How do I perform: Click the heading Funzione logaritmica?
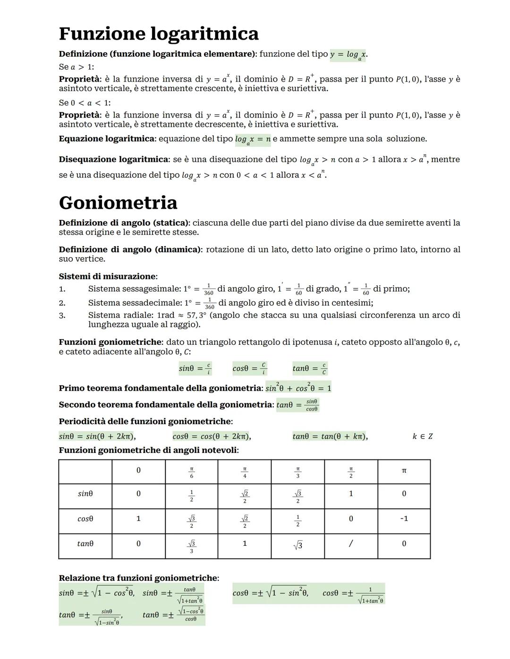click(x=159, y=34)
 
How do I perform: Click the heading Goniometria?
click(x=118, y=203)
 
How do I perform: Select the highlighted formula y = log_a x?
click(x=348, y=55)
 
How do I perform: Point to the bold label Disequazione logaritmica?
click(x=113, y=159)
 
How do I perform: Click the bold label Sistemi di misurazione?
click(x=107, y=276)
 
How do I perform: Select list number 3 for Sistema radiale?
click(x=62, y=315)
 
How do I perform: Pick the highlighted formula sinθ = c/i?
click(x=195, y=368)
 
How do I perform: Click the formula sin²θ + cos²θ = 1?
click(x=298, y=388)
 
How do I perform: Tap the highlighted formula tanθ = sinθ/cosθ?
click(x=297, y=405)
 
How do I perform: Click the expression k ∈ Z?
click(x=422, y=436)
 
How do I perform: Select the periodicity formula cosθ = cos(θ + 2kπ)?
click(x=212, y=436)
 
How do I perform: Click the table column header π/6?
click(x=191, y=472)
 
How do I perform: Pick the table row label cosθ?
click(x=85, y=518)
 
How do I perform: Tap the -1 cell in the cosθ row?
click(x=404, y=518)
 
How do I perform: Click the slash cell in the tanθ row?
click(x=350, y=543)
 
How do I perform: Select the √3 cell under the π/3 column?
click(x=297, y=545)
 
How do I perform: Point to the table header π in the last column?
click(x=404, y=471)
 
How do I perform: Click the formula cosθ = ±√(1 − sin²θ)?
click(x=270, y=593)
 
